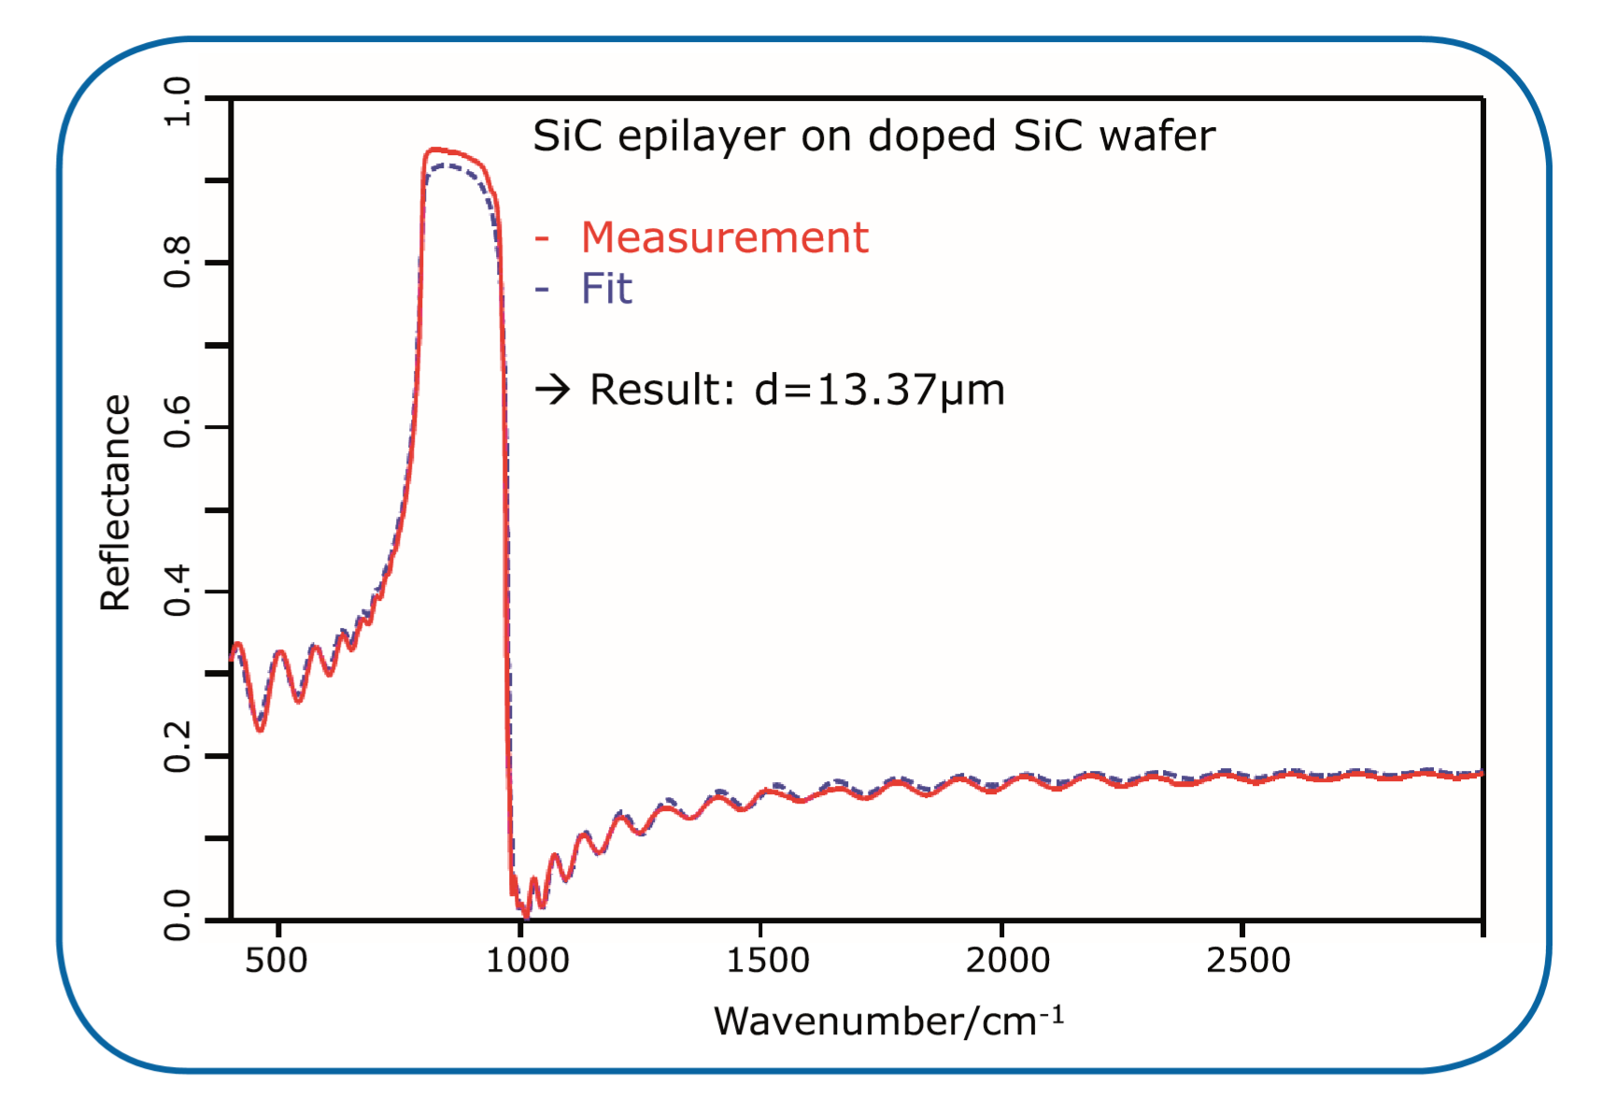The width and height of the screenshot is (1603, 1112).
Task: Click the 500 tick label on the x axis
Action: point(277,960)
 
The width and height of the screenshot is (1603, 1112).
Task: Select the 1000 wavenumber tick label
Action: point(527,960)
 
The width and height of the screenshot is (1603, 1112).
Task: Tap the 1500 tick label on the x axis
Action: point(768,960)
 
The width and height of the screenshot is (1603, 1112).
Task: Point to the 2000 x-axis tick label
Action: point(1008,960)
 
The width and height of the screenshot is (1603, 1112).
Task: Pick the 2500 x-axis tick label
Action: point(1248,960)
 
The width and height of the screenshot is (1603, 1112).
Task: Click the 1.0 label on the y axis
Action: point(177,101)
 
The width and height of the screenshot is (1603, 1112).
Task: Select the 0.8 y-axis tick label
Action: point(177,263)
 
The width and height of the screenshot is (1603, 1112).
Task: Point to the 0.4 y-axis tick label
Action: point(177,591)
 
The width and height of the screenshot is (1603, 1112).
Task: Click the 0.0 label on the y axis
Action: point(177,915)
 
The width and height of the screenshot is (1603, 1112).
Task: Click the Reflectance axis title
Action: point(115,503)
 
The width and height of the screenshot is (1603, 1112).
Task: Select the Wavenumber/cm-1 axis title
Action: point(888,1020)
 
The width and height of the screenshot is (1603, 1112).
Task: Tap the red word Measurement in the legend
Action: point(724,237)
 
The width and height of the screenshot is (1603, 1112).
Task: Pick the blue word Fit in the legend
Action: point(606,288)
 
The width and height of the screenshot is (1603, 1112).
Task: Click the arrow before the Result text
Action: point(552,389)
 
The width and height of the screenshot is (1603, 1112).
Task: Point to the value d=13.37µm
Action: point(879,390)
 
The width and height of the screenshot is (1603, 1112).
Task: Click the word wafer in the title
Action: point(1156,136)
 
